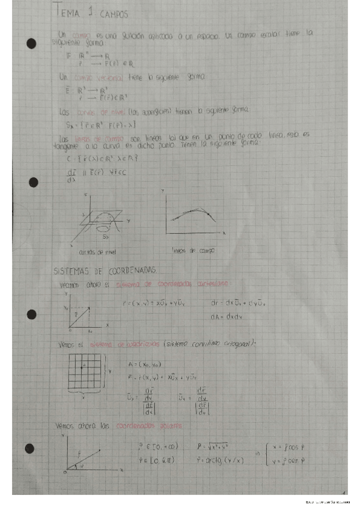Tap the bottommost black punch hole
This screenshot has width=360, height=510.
tap(31, 448)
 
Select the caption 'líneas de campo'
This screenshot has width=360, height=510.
tap(193, 249)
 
